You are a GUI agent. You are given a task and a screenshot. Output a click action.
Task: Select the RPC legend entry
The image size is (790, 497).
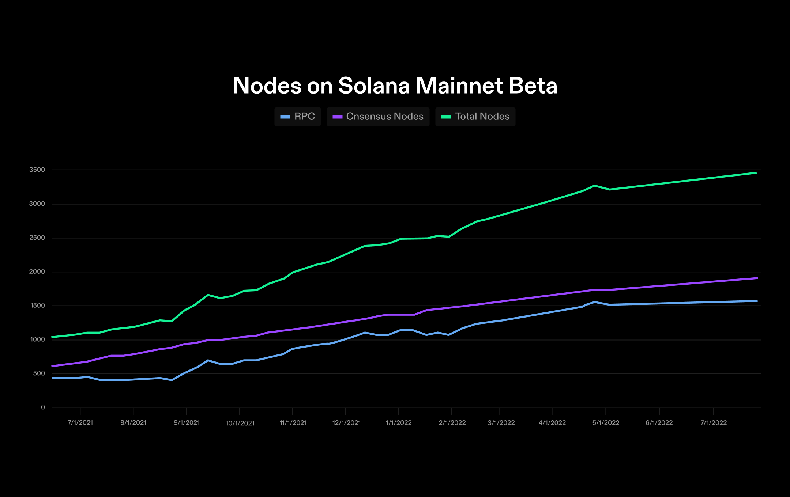[x=298, y=117]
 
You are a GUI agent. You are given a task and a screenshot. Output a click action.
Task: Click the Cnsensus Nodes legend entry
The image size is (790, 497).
[x=378, y=117]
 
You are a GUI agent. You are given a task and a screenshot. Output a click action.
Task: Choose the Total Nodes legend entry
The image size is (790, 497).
[x=475, y=117]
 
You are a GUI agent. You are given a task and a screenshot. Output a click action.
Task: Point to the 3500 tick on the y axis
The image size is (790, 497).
[x=37, y=170]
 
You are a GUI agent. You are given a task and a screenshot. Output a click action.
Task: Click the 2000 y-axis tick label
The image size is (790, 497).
[x=37, y=272]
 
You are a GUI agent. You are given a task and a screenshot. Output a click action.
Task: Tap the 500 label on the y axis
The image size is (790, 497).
[x=39, y=373]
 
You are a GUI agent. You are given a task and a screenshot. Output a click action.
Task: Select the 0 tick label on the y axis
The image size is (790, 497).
[x=43, y=407]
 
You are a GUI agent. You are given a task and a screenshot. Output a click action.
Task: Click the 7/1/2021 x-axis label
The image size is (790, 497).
[x=80, y=423]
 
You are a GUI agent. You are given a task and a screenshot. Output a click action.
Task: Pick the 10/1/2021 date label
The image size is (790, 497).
[x=240, y=423]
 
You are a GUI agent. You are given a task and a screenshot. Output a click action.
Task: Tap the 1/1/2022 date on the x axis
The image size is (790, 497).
[x=399, y=423]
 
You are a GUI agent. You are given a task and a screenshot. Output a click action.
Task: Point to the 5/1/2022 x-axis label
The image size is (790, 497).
[x=606, y=423]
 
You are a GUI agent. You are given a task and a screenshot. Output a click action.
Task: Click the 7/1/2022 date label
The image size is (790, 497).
[x=713, y=423]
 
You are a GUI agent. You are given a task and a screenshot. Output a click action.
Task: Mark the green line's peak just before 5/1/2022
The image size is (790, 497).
[x=595, y=186]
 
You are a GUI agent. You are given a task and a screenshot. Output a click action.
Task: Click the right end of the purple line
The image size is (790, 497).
[x=756, y=278]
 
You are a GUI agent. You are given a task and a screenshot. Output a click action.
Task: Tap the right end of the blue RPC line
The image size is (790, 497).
[x=756, y=301]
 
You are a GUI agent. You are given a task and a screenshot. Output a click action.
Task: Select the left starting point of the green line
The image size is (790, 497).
[x=53, y=337]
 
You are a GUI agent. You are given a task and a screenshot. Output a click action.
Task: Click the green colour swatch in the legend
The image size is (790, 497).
[x=446, y=117]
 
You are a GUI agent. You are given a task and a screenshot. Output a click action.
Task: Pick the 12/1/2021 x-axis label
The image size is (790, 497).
[x=346, y=423]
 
